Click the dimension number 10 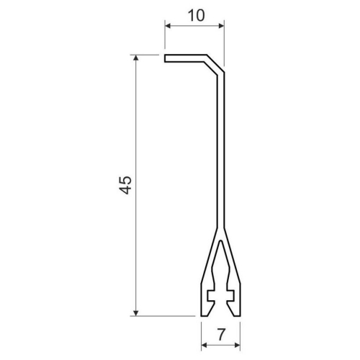pyautogui.click(x=197, y=16)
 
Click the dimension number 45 pyautogui.click(x=125, y=185)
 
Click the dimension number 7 pyautogui.click(x=222, y=334)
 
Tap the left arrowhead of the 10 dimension pyautogui.click(x=168, y=26)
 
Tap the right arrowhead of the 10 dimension pyautogui.click(x=221, y=26)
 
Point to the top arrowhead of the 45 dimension pyautogui.click(x=136, y=58)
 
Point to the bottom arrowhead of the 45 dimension pyautogui.click(x=136, y=313)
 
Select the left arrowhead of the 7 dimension pyautogui.click(x=204, y=345)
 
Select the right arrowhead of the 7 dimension pyautogui.click(x=237, y=345)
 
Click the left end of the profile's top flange pyautogui.click(x=165, y=58)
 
